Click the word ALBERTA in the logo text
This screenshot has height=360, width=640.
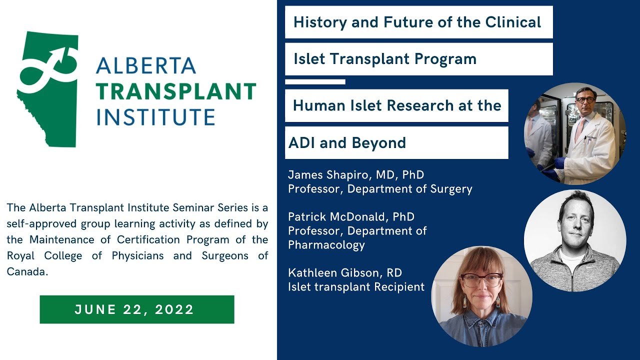(146, 65)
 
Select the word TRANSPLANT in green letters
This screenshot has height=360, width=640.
(176, 91)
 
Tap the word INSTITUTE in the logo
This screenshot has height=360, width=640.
(155, 116)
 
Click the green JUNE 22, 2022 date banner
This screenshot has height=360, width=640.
(137, 309)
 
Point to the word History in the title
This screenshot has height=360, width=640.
(320, 22)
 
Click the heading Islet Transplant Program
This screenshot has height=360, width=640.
(385, 59)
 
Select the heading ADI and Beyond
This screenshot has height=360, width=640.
(347, 143)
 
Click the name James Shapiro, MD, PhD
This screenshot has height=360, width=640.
(356, 175)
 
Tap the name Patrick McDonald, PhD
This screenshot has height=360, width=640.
(351, 217)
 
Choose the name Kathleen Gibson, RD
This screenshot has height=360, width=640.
(345, 273)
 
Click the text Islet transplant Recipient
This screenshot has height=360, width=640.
(356, 287)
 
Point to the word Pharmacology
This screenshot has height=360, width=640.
(326, 245)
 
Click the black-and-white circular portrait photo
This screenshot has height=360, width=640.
(575, 241)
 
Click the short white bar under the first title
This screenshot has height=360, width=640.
(315, 82)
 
